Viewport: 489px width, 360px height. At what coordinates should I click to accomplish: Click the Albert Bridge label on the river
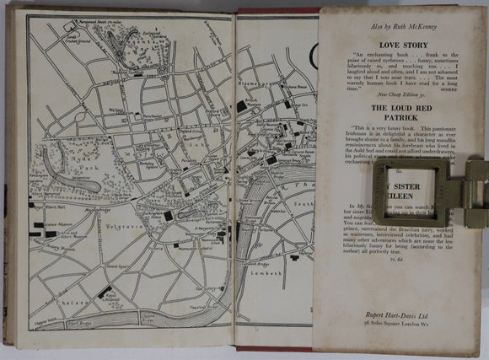click(x=83, y=321)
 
